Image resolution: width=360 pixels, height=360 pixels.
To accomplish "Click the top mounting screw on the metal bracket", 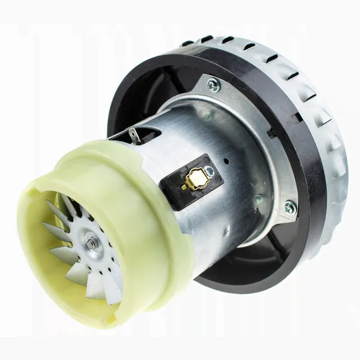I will pyautogui.click(x=214, y=85).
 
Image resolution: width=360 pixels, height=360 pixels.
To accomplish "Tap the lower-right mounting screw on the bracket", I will pyautogui.click(x=290, y=208).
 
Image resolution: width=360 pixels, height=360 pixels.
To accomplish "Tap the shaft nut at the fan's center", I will pyautogui.click(x=91, y=244).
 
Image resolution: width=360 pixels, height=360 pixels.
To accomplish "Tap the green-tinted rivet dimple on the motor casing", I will pyautogui.click(x=257, y=199).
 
